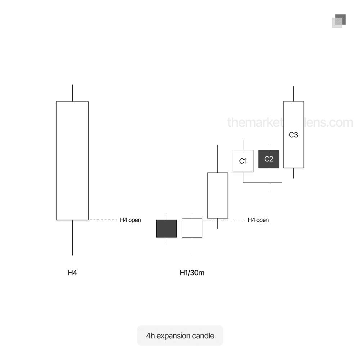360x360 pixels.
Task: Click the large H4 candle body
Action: (x=72, y=161)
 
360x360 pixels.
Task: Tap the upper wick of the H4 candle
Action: (x=73, y=93)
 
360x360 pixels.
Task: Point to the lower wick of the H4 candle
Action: (x=73, y=238)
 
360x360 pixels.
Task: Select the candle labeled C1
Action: (x=243, y=161)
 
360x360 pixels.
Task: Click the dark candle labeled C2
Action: (x=269, y=159)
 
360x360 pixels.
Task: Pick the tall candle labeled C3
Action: (x=293, y=135)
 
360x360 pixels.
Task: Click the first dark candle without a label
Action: (x=166, y=229)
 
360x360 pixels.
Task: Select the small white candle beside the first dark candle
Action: (x=192, y=228)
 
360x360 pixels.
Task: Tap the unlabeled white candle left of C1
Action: (x=217, y=195)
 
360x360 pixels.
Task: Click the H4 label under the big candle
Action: (x=72, y=273)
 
